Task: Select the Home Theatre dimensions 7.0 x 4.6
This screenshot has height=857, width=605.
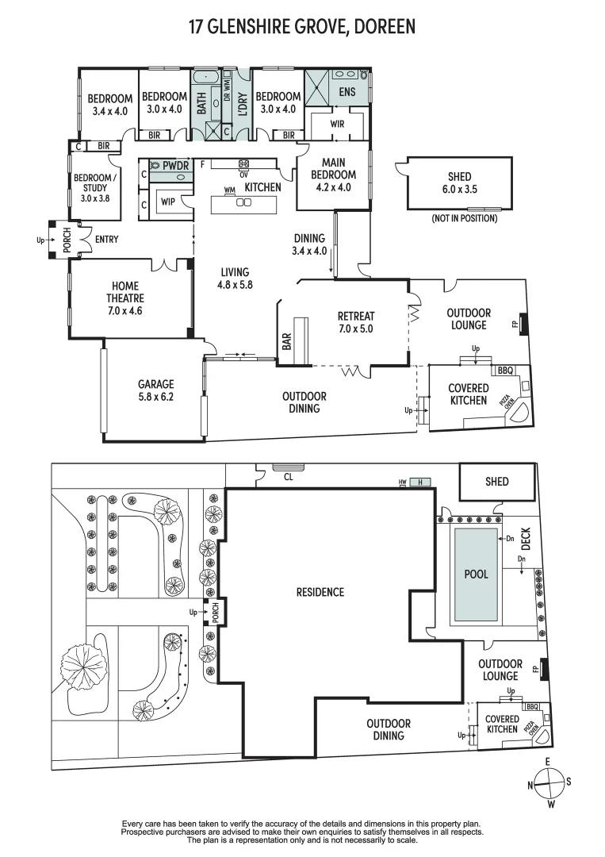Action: tap(125, 310)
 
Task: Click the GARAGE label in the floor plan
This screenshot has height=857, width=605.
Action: tap(155, 384)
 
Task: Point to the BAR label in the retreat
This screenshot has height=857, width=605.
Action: tap(285, 340)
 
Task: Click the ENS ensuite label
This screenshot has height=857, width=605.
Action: tap(347, 92)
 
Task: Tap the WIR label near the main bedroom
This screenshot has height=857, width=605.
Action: tap(336, 125)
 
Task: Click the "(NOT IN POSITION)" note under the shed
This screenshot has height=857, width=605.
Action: tap(464, 218)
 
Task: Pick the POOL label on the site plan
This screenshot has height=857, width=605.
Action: tap(477, 574)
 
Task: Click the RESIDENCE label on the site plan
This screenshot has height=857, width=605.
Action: tap(320, 592)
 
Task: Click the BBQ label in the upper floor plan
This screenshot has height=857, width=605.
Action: tap(504, 371)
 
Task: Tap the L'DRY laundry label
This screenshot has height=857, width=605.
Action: tap(243, 105)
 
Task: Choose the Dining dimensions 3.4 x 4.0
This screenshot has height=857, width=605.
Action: tap(309, 251)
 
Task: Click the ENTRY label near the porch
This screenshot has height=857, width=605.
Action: tap(106, 239)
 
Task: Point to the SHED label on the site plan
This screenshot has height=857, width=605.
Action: tap(497, 482)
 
